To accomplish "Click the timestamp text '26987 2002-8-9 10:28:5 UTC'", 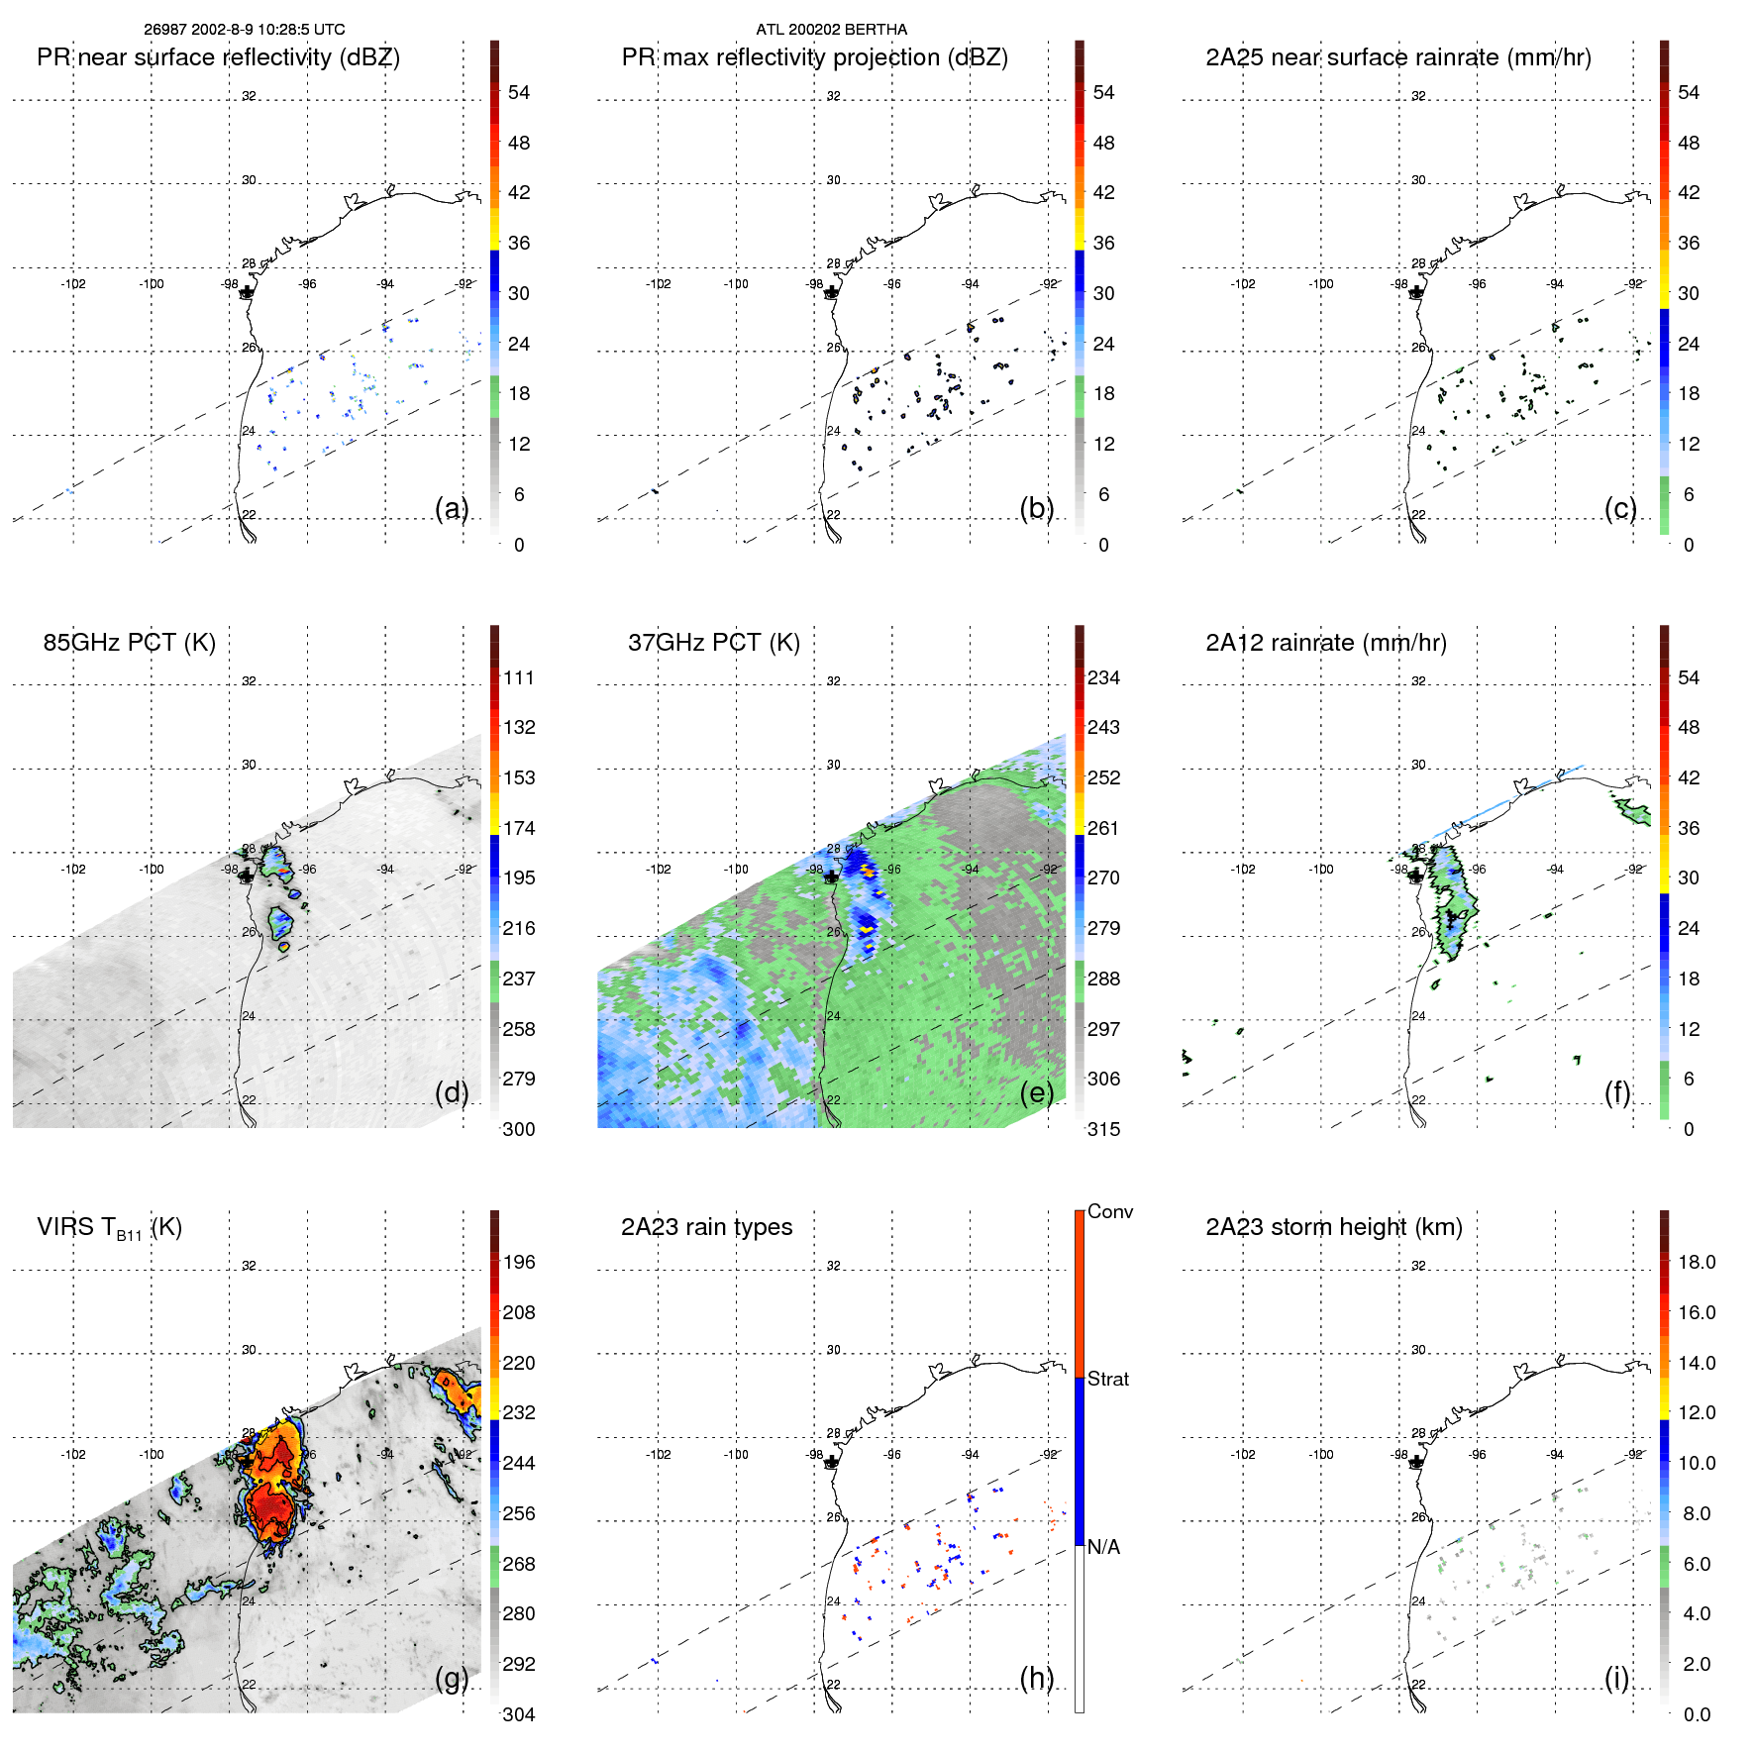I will [245, 30].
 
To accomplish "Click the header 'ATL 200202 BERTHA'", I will [831, 30].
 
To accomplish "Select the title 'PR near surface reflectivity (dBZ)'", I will [218, 57].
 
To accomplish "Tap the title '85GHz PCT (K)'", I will [129, 643].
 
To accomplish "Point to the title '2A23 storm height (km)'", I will [1333, 1227].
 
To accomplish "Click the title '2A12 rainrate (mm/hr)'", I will [1325, 643].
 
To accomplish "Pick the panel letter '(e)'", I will [1036, 1092].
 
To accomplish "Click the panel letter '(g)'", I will [452, 1678].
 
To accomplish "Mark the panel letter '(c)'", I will [1620, 508].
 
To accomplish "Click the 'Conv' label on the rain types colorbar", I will [1109, 1211].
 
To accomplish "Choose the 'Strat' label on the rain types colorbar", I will [1107, 1379].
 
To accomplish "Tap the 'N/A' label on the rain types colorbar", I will [1103, 1547].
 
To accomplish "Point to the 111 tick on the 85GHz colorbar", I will [519, 677].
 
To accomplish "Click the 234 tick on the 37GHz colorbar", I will [1103, 677].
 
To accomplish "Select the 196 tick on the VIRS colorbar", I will [519, 1262].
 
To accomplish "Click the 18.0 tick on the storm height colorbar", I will [1696, 1262].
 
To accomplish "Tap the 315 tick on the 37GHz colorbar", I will [1103, 1129].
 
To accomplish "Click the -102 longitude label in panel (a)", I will [73, 284].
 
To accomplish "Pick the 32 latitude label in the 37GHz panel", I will [833, 681].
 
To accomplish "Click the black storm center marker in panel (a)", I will [247, 292].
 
